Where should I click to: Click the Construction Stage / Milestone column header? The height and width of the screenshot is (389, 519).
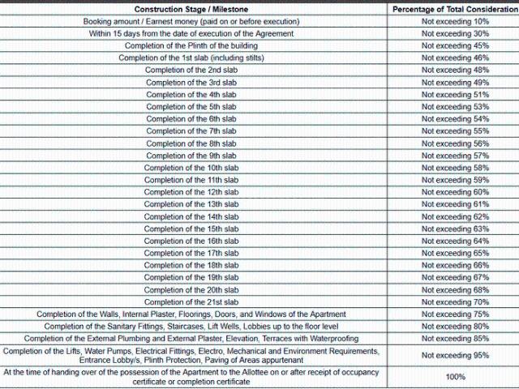tap(191, 9)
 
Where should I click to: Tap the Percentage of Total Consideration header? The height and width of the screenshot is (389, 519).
tap(455, 9)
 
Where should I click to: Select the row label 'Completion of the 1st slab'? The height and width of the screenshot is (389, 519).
tap(191, 58)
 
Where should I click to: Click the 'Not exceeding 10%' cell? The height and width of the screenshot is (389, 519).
tap(455, 21)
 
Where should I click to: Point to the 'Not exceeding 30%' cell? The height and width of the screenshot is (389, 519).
tap(455, 33)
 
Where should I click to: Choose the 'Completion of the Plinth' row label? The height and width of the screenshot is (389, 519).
tap(191, 45)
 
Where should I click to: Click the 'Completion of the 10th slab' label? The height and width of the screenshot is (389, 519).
tap(191, 168)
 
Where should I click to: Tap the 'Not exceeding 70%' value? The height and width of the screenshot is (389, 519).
tap(455, 301)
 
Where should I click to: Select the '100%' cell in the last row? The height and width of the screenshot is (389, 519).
tap(455, 377)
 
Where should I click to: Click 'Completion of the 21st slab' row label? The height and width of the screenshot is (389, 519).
tap(191, 301)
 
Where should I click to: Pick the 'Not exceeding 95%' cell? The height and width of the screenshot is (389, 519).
tap(455, 355)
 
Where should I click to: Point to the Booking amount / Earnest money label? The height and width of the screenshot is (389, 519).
tap(191, 21)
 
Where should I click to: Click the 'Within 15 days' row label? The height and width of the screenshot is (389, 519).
tap(191, 33)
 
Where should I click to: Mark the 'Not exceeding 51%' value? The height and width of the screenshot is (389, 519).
tap(455, 94)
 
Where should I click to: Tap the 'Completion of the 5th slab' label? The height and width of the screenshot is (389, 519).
tap(191, 106)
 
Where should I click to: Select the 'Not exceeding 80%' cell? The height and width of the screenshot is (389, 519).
tap(455, 326)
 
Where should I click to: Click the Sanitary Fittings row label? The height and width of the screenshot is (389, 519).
tap(191, 326)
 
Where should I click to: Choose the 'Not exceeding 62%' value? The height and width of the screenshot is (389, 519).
tap(455, 216)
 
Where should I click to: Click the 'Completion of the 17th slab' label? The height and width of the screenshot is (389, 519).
tap(191, 253)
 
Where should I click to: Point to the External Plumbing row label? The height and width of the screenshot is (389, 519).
tap(191, 338)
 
